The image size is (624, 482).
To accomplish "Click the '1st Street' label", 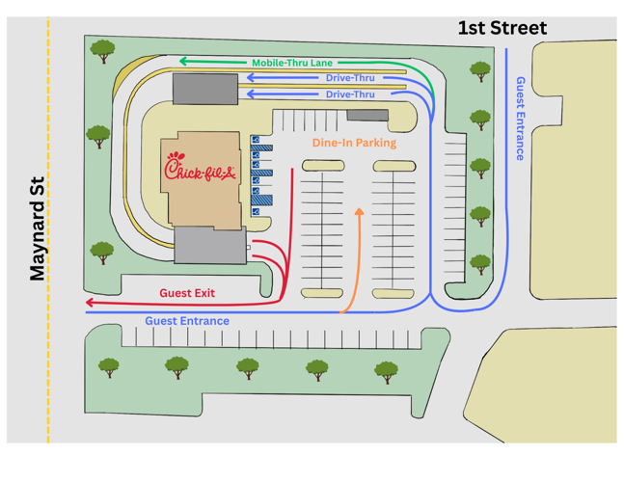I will tap(502, 29).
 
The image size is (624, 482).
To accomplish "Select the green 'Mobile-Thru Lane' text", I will tap(291, 63).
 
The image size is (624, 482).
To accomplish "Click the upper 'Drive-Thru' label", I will tap(350, 78).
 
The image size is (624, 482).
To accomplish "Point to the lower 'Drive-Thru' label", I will tap(350, 94).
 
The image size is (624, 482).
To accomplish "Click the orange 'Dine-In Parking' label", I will tap(354, 143).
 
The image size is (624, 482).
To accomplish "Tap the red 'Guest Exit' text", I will tap(187, 292).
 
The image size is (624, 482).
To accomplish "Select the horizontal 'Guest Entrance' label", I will tap(187, 321).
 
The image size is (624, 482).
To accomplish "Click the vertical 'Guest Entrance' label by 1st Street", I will tap(521, 119).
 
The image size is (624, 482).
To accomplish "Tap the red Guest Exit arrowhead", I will tap(90, 303).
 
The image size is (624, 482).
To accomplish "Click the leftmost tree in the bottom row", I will tap(109, 367).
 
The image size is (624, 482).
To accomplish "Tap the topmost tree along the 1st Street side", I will tap(479, 70).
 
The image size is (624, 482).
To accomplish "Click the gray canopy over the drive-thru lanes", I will tap(204, 89).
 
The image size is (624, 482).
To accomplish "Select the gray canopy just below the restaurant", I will tap(208, 246).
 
